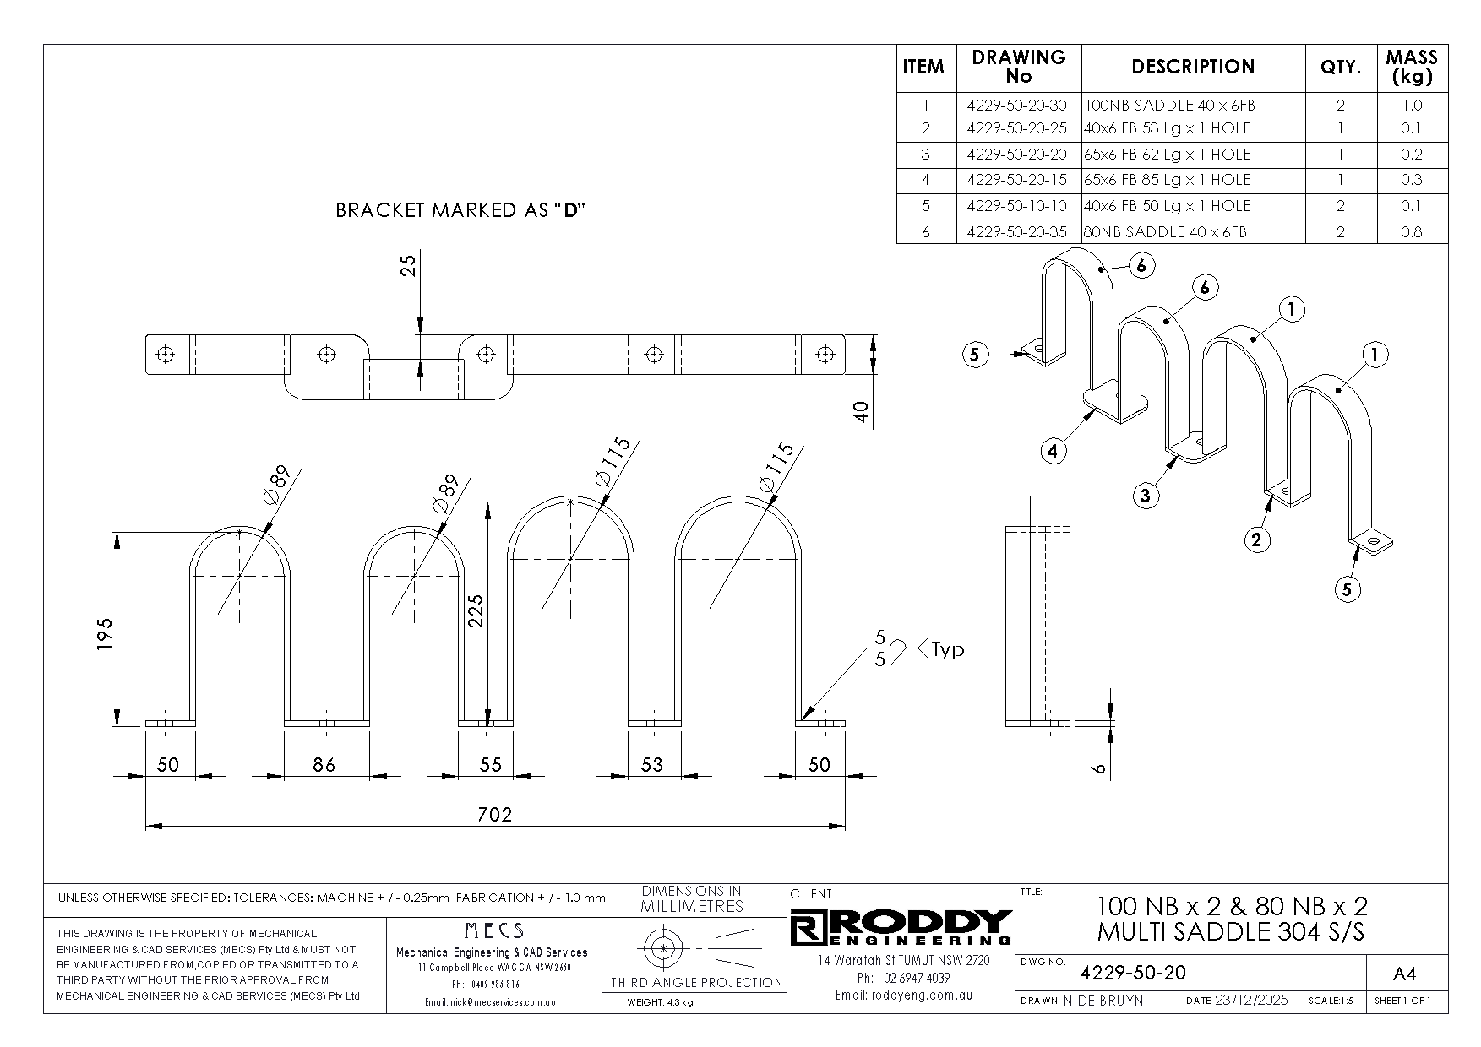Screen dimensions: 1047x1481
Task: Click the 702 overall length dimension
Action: (495, 815)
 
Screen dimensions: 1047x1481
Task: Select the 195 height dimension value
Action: (104, 633)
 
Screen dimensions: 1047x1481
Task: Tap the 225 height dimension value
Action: (475, 610)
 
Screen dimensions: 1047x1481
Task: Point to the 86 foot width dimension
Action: (324, 765)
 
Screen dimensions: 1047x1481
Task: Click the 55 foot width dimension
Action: (490, 765)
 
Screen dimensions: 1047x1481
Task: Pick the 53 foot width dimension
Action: (652, 765)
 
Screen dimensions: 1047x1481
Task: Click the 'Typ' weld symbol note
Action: (947, 650)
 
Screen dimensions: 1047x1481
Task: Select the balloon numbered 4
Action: (1052, 452)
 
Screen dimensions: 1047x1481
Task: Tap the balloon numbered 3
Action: (1145, 496)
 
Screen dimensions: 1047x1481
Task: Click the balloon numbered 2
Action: (1256, 540)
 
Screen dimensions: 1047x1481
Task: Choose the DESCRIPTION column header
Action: (1193, 68)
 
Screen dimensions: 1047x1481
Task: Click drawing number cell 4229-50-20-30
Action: (1017, 106)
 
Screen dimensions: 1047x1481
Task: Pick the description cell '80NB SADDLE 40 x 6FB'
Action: (1165, 232)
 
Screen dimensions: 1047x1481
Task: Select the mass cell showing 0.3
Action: (1411, 180)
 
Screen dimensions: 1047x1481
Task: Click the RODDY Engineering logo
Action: (901, 927)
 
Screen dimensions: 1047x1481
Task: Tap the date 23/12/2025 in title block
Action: (1250, 1001)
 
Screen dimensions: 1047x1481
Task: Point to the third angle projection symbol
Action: (696, 949)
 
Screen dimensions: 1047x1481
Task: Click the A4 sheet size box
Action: (1404, 974)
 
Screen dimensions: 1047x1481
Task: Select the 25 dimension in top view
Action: (409, 266)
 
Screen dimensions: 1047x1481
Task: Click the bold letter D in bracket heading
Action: (570, 210)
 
